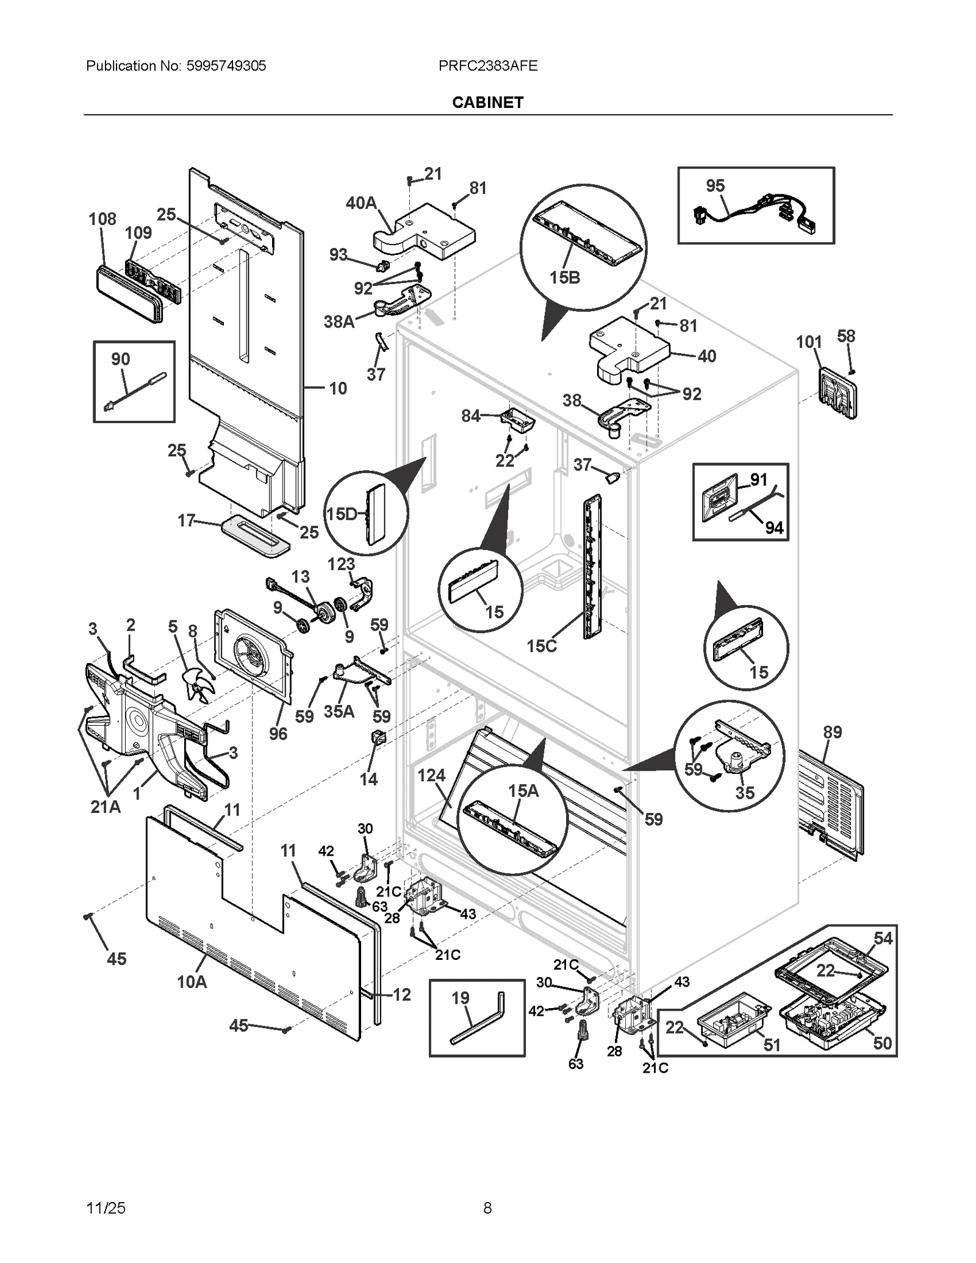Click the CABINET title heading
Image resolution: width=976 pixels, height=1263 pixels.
pos(487,102)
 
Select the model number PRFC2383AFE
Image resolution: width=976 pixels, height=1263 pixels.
pos(487,66)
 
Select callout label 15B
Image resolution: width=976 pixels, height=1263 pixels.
pos(564,278)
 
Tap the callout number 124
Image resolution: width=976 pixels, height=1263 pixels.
pos(431,775)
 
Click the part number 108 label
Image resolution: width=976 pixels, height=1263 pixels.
pos(102,219)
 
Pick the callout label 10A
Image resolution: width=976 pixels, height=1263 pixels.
pos(192,981)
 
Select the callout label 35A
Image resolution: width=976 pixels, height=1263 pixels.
pos(339,711)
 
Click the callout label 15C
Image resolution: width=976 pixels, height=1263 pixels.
pos(542,646)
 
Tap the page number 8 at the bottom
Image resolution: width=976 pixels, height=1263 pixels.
pos(487,1208)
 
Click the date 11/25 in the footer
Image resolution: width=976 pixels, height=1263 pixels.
pos(106,1208)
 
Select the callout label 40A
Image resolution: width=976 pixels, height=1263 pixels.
pos(361,203)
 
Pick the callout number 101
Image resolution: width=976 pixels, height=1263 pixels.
pos(809,342)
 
